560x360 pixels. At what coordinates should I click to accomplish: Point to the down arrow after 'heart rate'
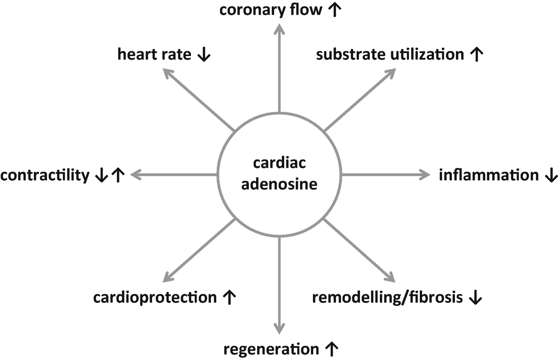pos(204,55)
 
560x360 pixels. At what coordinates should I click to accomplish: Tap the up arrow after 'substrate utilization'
pos(476,55)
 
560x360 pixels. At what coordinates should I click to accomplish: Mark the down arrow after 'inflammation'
pos(551,176)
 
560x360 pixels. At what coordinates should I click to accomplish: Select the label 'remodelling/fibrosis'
pos(387,298)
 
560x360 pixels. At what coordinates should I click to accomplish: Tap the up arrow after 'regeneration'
pos(331,349)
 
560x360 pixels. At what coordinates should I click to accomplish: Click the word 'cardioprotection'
pos(155,298)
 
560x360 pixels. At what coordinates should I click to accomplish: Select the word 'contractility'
pos(45,176)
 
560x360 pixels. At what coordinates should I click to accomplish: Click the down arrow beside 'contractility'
pos(101,176)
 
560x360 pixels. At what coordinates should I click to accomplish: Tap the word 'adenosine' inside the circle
pos(279,184)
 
